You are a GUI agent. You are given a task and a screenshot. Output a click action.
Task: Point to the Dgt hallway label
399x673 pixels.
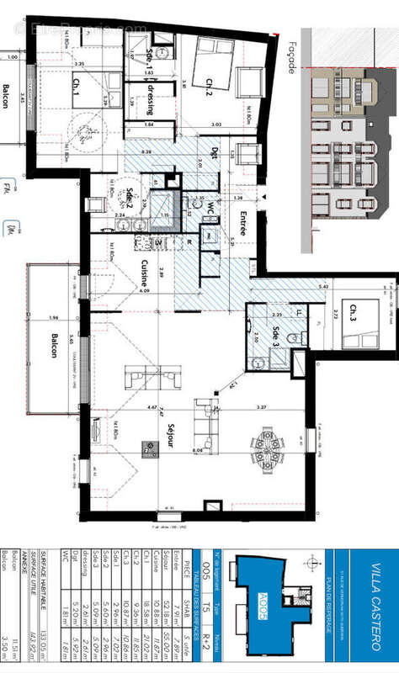pyautogui.click(x=214, y=155)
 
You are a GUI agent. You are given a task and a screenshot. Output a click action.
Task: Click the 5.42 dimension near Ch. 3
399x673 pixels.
pyautogui.click(x=323, y=287)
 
